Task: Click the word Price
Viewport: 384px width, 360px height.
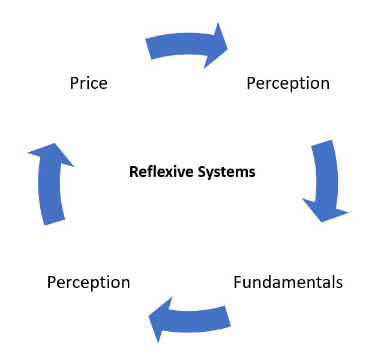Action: (88, 83)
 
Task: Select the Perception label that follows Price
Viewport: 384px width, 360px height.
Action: (287, 83)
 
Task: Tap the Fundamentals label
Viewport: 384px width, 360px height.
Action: (288, 282)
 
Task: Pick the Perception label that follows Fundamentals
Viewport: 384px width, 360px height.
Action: (88, 282)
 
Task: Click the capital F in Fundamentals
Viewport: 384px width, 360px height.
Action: (238, 282)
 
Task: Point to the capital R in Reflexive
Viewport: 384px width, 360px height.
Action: (133, 172)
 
